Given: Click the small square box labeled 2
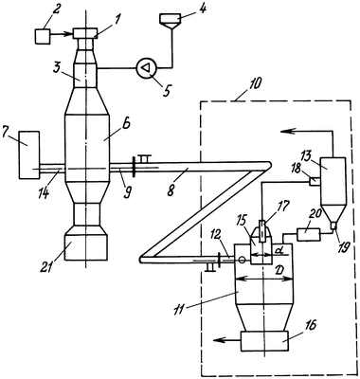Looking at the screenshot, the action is pyautogui.click(x=43, y=36).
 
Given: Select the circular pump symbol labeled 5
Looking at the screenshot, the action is pyautogui.click(x=147, y=68).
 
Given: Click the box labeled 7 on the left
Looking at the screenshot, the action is pyautogui.click(x=29, y=154).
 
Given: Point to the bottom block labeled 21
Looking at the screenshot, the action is pyautogui.click(x=85, y=247).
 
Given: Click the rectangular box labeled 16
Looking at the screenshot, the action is pyautogui.click(x=263, y=341).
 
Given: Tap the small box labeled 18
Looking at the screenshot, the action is pyautogui.click(x=314, y=181).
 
